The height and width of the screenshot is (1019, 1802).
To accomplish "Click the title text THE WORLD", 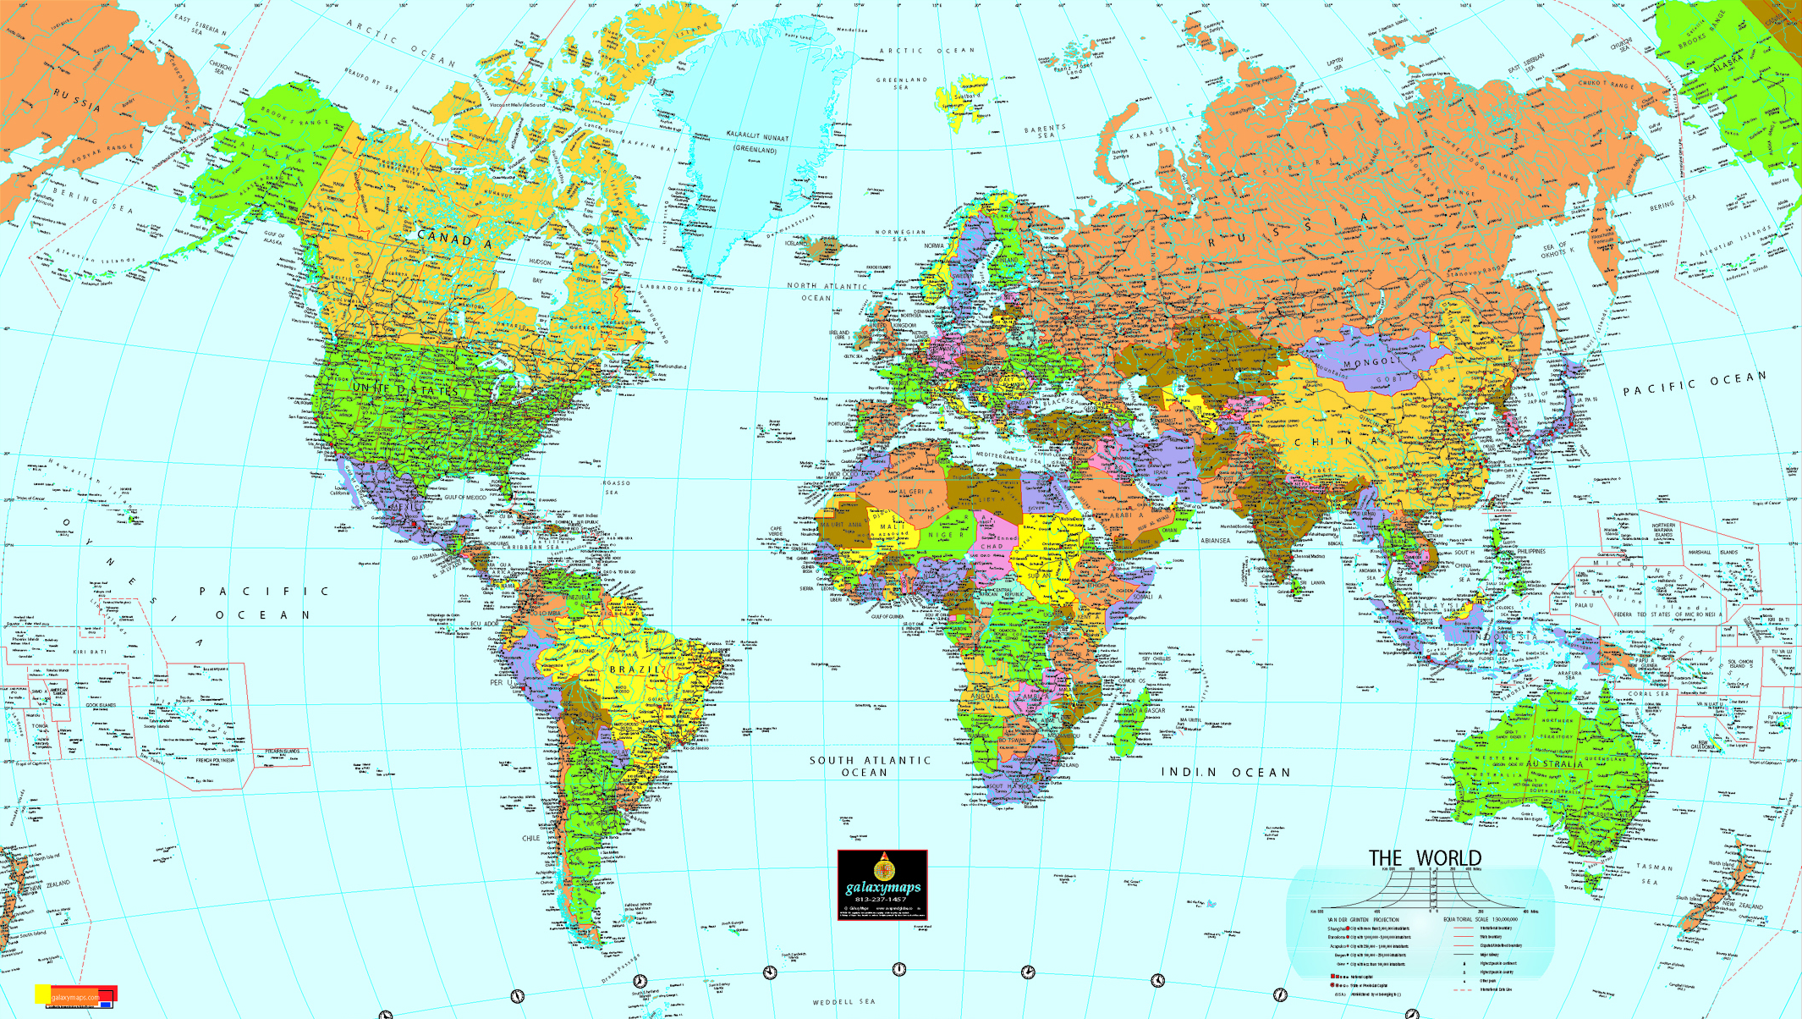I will [x=1425, y=858].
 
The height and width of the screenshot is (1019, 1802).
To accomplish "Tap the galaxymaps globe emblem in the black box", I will [x=883, y=868].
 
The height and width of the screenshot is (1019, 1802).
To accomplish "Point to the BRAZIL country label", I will [x=634, y=669].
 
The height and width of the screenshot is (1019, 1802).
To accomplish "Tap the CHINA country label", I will [x=1336, y=442].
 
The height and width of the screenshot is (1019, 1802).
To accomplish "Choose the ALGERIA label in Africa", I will [x=915, y=492].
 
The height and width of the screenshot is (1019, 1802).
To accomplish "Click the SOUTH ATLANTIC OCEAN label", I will [x=870, y=766].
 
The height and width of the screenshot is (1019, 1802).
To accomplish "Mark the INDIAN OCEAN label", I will [x=1225, y=773].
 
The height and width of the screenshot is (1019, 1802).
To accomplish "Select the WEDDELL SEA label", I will [x=843, y=1002].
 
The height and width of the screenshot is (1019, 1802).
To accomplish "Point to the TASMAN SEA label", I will [x=1654, y=873].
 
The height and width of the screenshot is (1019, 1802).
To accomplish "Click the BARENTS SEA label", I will [x=1046, y=132].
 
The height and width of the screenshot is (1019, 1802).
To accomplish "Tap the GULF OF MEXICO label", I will [x=465, y=498].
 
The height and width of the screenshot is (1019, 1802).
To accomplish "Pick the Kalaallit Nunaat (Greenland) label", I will [x=757, y=142].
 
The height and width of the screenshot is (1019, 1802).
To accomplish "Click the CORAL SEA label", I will [x=1649, y=694].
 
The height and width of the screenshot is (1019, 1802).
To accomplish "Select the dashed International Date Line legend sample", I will [x=1464, y=989].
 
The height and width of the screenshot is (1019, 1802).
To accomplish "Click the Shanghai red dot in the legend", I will [x=1348, y=928].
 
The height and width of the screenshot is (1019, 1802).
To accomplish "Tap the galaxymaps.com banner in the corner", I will [x=76, y=996].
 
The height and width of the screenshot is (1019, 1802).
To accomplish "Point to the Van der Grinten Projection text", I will [x=1363, y=919].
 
